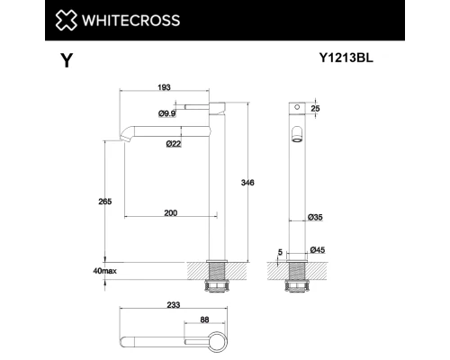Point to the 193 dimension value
(165, 87)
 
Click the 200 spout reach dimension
(170, 212)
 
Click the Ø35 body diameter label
(316, 218)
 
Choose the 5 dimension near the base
(280, 250)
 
